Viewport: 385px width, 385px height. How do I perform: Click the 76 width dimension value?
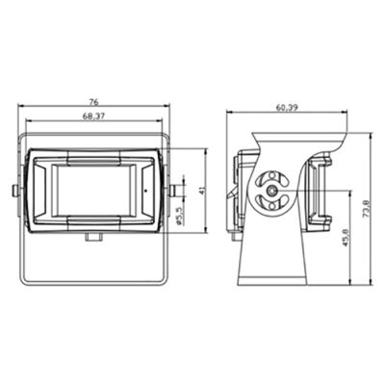[93, 102]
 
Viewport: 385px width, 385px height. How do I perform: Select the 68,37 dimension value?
[93, 116]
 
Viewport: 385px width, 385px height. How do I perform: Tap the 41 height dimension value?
[202, 191]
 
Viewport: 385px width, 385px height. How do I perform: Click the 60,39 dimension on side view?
[287, 108]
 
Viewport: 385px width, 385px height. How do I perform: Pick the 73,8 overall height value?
[366, 209]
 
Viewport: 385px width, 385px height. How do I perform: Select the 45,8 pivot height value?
[346, 238]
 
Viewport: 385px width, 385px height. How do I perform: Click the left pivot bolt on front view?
[15, 191]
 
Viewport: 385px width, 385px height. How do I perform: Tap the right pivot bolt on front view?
[175, 191]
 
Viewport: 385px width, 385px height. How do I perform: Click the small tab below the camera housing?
[93, 237]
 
